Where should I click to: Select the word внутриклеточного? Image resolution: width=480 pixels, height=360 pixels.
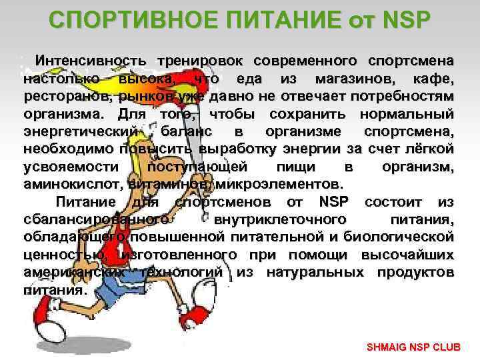click(280, 219)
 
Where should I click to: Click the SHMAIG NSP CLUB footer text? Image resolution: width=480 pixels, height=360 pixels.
click(417, 348)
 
